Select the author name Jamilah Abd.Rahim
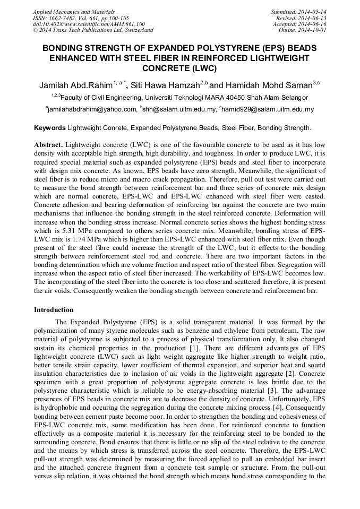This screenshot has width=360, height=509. (x=75, y=85)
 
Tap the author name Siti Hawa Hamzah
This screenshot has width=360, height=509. (x=166, y=85)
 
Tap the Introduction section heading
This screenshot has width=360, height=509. (x=54, y=309)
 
